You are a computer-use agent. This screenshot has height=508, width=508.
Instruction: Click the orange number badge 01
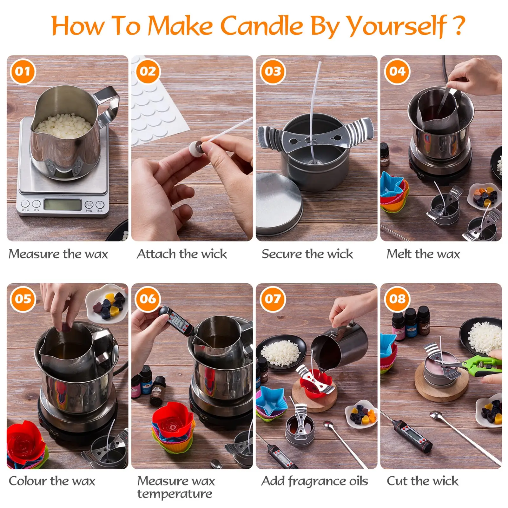tap(23, 71)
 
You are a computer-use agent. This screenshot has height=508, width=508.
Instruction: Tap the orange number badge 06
tap(148, 299)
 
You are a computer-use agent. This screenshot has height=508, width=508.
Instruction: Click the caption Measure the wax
tap(58, 254)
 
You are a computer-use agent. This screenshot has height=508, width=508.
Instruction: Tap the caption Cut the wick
tap(422, 481)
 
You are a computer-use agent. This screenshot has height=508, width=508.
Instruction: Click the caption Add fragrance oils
tap(314, 481)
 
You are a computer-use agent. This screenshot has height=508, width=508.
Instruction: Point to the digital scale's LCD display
tap(63, 205)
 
